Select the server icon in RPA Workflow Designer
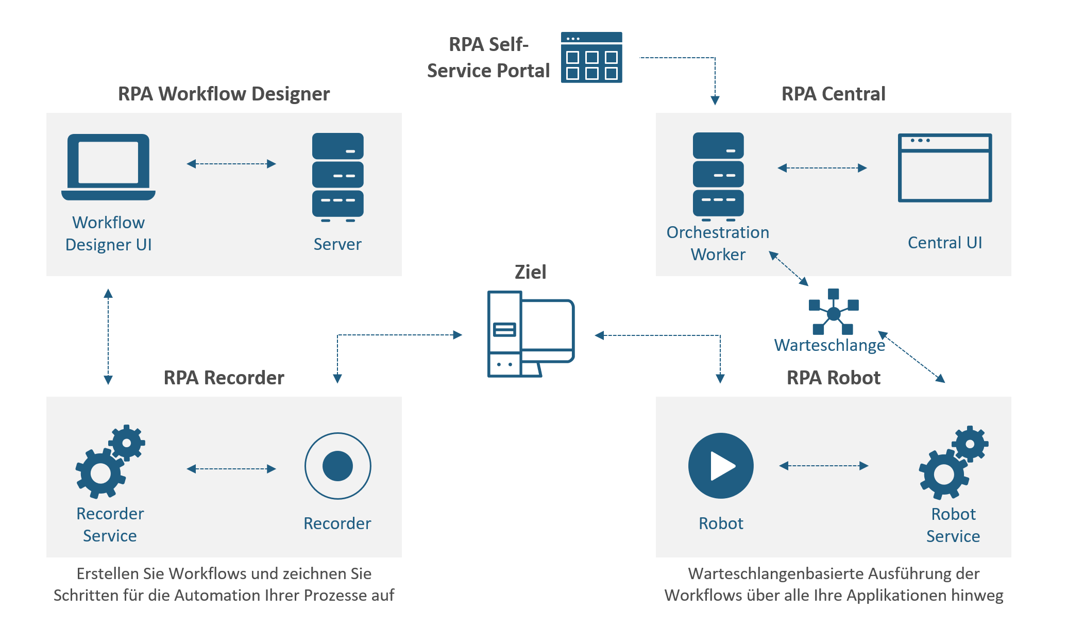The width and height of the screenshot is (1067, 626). (x=337, y=177)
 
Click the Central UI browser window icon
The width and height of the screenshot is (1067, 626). (x=944, y=168)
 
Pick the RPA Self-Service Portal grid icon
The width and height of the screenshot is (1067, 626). (x=591, y=57)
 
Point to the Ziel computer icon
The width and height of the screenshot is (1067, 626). (x=530, y=334)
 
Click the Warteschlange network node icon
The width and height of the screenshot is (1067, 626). (x=833, y=312)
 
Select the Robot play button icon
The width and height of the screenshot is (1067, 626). (x=721, y=466)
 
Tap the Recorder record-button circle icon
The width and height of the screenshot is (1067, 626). (x=337, y=466)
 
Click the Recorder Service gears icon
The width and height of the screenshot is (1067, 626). (x=110, y=462)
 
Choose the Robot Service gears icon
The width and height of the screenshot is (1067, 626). (x=953, y=463)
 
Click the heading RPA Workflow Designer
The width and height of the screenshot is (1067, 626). (x=224, y=94)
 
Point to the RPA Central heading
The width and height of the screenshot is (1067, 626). (x=833, y=94)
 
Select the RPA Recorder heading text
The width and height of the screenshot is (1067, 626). (x=224, y=378)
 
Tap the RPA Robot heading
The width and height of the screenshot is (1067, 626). (x=833, y=378)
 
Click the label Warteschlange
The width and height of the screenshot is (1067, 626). (x=829, y=345)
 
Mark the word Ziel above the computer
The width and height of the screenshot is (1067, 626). (x=530, y=272)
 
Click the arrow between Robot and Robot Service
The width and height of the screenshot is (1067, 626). (x=823, y=466)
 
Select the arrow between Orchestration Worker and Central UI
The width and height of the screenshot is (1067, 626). (x=822, y=168)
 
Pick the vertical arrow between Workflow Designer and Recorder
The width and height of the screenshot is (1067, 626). (x=108, y=336)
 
